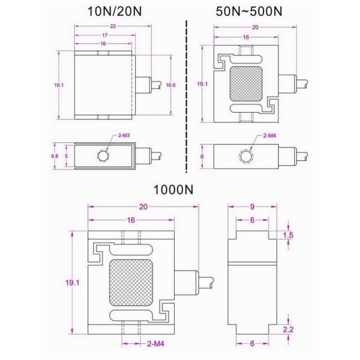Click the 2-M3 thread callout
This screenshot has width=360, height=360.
[x=125, y=136]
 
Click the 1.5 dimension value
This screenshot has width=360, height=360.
[x=288, y=235]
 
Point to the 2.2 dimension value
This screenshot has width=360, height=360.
[x=288, y=329]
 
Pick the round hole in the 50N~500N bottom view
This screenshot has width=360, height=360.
[x=247, y=156]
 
